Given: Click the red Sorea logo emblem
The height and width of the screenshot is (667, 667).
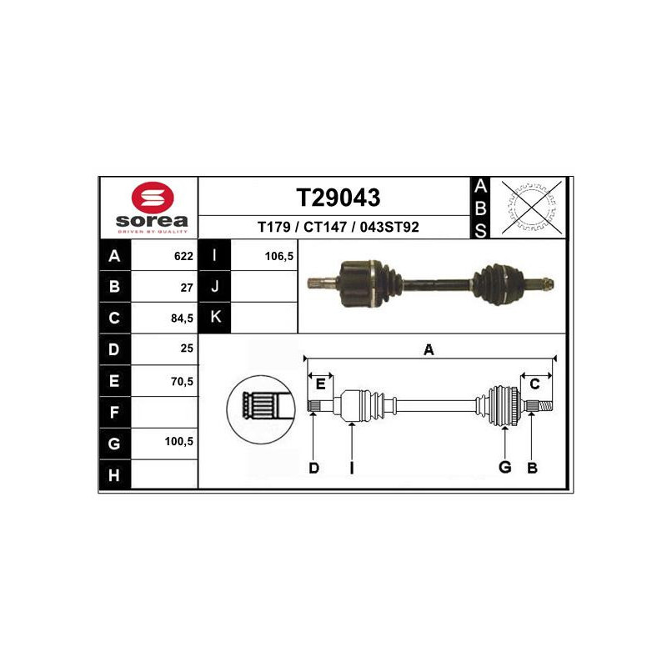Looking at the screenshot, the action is point(153,198).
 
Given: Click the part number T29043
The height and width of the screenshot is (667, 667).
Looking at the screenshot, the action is point(339,198).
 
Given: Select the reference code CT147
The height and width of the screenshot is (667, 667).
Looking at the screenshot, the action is point(325,227).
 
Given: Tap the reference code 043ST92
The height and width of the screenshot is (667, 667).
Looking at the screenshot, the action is point(389,227).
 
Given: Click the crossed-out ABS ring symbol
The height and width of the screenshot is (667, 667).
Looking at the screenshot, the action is point(531,208).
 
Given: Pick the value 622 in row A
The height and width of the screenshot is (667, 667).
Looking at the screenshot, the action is point(183,256).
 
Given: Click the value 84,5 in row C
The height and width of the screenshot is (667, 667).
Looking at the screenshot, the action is point(182,318).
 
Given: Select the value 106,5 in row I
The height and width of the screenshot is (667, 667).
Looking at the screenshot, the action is point(279,256).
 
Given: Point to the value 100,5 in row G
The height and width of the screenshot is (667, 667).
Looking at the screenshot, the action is point(178,441).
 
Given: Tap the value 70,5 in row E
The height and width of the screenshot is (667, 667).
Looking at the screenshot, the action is point(182,381).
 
